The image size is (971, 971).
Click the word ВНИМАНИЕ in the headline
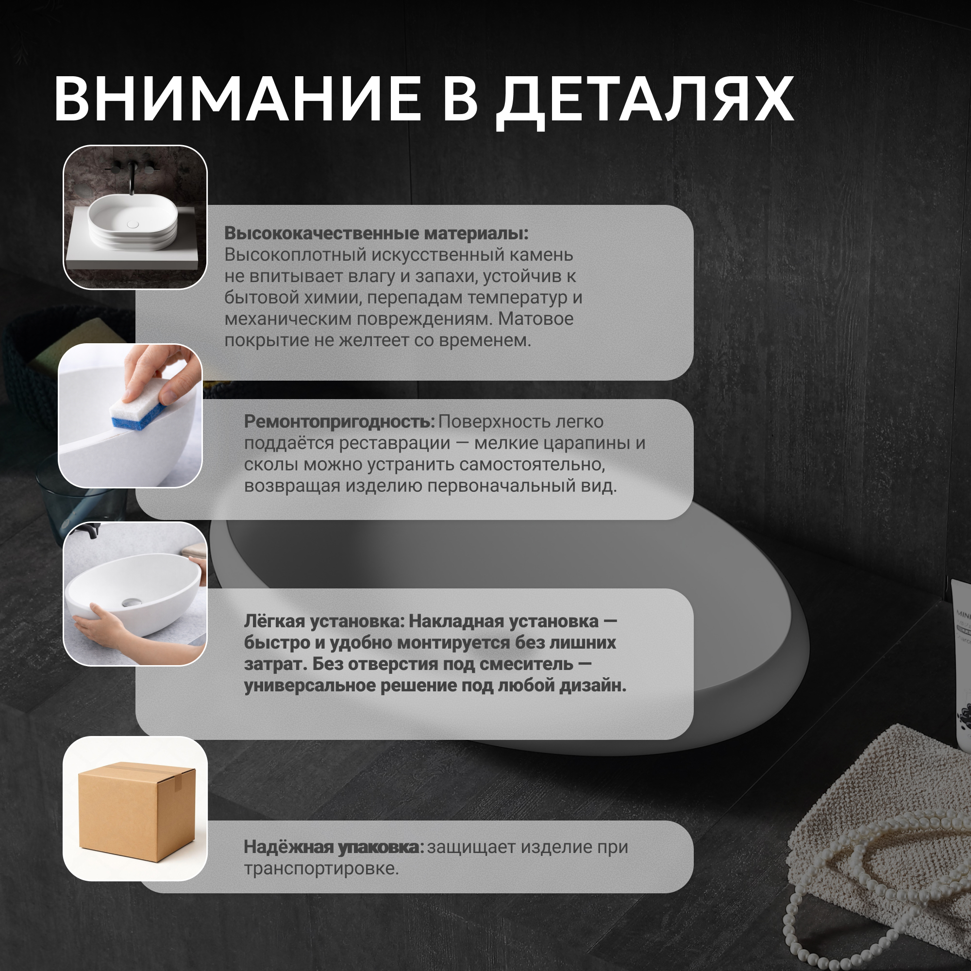pyautogui.click(x=238, y=99)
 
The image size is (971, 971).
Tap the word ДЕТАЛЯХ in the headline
pyautogui.click(x=645, y=102)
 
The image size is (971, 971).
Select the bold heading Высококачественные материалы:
pyautogui.click(x=376, y=233)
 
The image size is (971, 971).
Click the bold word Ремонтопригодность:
pyautogui.click(x=339, y=422)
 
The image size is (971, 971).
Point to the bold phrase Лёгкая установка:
pyautogui.click(x=324, y=621)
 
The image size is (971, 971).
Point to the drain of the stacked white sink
pyautogui.click(x=133, y=224)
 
